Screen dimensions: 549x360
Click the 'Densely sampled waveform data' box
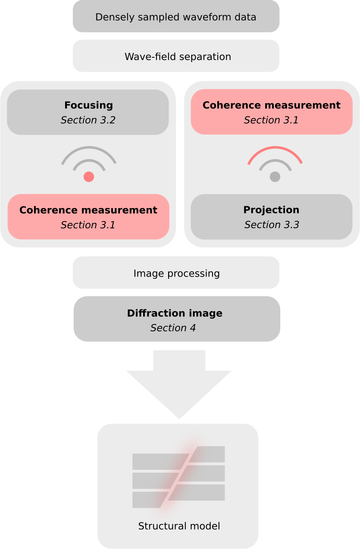pos(176,17)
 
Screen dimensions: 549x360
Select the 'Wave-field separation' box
pos(176,56)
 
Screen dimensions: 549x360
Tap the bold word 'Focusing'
pos(88,105)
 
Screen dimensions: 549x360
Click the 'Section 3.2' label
pos(88,120)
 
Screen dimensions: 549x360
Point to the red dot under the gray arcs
pos(89,177)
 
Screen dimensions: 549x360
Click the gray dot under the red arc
pos(275,177)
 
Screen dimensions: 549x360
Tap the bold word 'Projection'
pos(271,210)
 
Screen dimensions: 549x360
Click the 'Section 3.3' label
pos(272,225)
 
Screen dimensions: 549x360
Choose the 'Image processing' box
pos(176,273)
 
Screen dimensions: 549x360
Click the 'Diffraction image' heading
pos(175,313)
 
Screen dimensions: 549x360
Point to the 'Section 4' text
pos(173,328)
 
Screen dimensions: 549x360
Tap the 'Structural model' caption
pos(179,526)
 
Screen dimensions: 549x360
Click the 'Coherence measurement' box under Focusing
pos(88,217)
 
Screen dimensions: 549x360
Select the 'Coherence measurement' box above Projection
pos(272,112)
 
